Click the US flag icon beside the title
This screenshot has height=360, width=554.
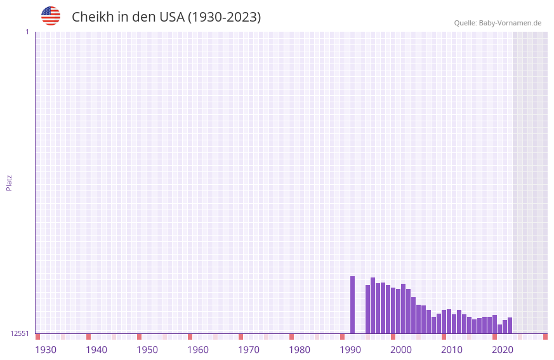[x=51, y=16]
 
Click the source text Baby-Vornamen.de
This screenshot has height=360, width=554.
[x=510, y=23]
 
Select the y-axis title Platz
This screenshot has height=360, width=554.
[x=9, y=182]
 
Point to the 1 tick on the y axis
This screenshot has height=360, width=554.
[x=27, y=32]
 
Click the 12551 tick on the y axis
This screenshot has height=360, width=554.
[x=20, y=333]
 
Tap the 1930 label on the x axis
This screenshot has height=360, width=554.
[x=46, y=350]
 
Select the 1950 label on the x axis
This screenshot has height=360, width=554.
[x=147, y=350]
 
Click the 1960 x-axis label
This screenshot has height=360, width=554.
[x=198, y=350]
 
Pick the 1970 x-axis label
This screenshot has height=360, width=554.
[x=249, y=350]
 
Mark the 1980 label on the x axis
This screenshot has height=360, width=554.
[x=300, y=350]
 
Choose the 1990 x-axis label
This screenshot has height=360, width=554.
[x=350, y=350]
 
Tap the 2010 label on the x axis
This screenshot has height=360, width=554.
[x=452, y=350]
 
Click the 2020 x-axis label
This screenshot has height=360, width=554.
[x=503, y=350]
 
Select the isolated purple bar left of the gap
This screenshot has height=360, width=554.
[x=353, y=305]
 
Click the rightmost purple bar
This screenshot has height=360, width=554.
[x=510, y=326]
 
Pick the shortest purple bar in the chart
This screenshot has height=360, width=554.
[x=499, y=329]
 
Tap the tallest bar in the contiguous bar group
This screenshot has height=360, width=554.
[x=373, y=305]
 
